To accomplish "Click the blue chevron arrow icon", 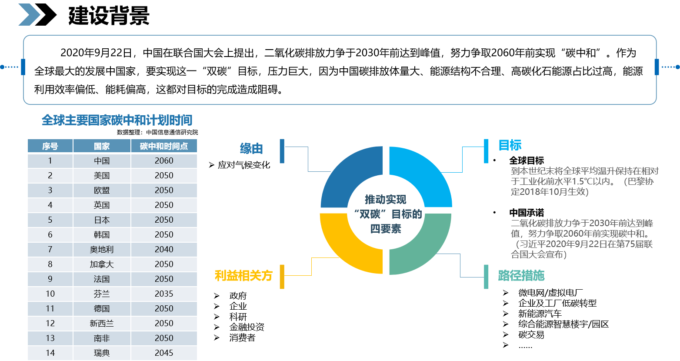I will pyautogui.click(x=29, y=15).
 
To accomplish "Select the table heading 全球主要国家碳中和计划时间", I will pyautogui.click(x=117, y=120).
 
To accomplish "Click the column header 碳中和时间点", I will pyautogui.click(x=164, y=146).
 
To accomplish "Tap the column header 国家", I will pyautogui.click(x=102, y=146).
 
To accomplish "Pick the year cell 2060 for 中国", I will pyautogui.click(x=164, y=161).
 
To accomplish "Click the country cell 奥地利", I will pyautogui.click(x=102, y=250).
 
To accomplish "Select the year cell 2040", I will pyautogui.click(x=164, y=250).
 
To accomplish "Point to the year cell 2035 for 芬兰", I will pyautogui.click(x=164, y=294).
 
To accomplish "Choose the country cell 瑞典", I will pyautogui.click(x=102, y=353).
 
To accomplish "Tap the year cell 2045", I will pyautogui.click(x=164, y=353).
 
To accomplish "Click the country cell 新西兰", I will pyautogui.click(x=102, y=324).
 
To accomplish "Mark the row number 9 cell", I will pyautogui.click(x=50, y=279).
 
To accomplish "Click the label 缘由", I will pyautogui.click(x=252, y=149).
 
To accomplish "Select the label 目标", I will pyautogui.click(x=510, y=145).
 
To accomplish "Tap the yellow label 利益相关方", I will pyautogui.click(x=243, y=276).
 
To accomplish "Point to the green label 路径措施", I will pyautogui.click(x=521, y=276).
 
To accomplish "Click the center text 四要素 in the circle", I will pyautogui.click(x=386, y=229).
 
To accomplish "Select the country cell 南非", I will pyautogui.click(x=102, y=338).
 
